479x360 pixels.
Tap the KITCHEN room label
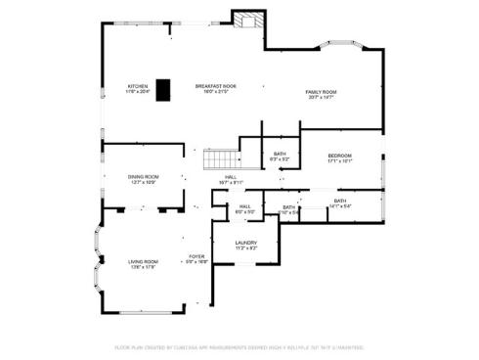[137, 86]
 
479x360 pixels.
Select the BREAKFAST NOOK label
[215, 86]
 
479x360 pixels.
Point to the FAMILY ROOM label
[321, 91]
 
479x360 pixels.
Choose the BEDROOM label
[339, 156]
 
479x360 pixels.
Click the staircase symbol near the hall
[220, 158]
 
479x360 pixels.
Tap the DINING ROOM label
[143, 176]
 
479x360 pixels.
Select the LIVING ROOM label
[143, 261]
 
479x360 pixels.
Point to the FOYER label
[196, 256]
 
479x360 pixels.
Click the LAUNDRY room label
[245, 243]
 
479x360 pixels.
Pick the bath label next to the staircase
[280, 154]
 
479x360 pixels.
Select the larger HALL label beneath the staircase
[231, 176]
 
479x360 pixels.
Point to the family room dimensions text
[321, 97]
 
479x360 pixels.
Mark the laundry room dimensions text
[245, 248]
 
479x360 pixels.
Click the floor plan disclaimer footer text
[239, 346]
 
